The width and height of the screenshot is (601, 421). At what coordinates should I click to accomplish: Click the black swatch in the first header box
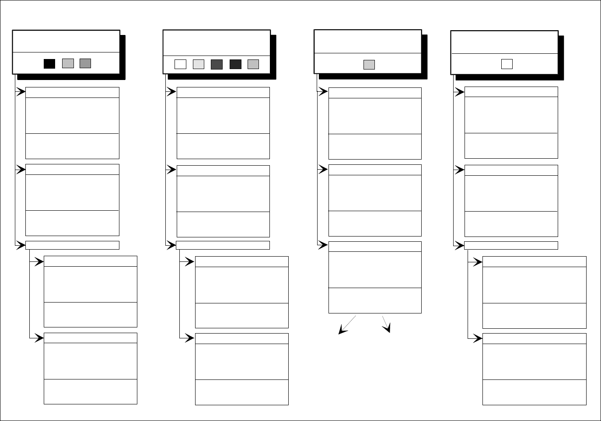click(49, 64)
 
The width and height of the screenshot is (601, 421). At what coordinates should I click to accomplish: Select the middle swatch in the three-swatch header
click(68, 63)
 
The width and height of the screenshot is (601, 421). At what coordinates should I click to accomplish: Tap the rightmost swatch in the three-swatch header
click(85, 63)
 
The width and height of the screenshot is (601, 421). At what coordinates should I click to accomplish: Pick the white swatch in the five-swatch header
click(180, 65)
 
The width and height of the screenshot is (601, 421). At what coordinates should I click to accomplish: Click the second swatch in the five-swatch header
click(199, 65)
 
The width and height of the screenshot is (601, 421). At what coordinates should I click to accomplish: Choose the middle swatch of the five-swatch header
click(217, 65)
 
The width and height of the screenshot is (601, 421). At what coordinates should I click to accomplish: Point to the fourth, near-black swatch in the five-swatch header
click(235, 65)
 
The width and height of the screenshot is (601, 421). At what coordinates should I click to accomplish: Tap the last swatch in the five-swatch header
click(253, 65)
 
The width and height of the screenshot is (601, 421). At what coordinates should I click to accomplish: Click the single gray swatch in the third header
click(369, 65)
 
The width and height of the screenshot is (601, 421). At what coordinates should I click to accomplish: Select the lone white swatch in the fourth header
click(507, 64)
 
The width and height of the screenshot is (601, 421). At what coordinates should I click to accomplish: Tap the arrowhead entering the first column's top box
click(21, 92)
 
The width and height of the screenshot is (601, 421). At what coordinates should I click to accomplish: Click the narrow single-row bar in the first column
click(72, 245)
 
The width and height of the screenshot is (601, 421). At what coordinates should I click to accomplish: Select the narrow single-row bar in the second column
click(223, 245)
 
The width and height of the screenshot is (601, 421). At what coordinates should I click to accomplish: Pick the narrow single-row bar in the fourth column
click(510, 246)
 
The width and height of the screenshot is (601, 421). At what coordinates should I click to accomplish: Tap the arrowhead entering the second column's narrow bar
click(171, 245)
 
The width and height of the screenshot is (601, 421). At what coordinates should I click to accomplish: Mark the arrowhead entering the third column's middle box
click(323, 170)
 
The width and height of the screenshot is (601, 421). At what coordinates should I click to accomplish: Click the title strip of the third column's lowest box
click(375, 247)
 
